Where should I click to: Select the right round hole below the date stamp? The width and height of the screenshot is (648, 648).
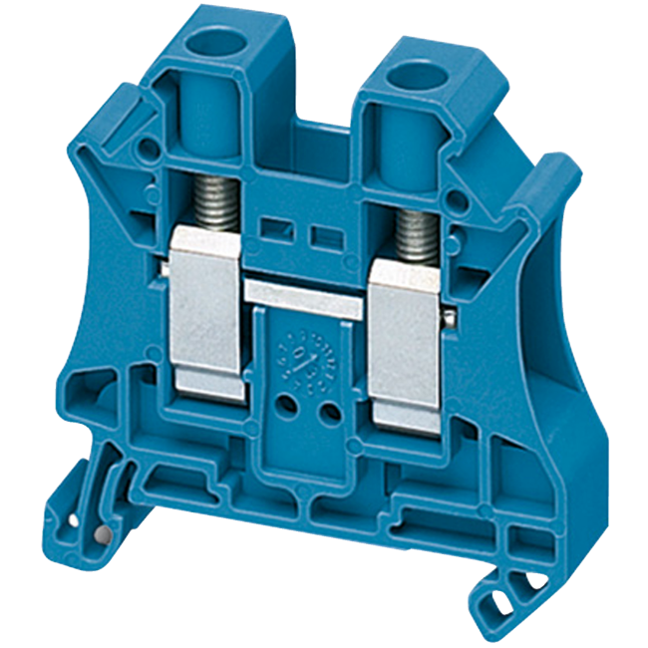click(324, 409)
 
